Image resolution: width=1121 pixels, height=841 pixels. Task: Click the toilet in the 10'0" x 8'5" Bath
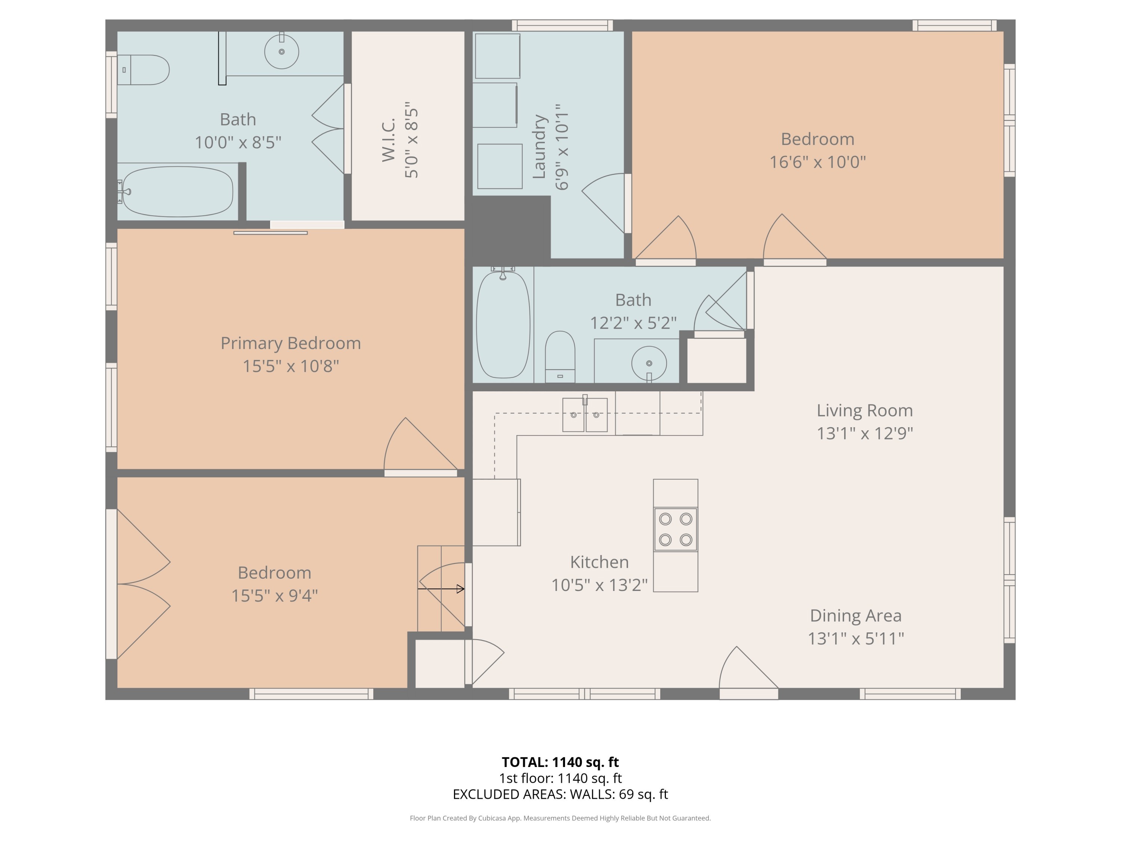tap(145, 70)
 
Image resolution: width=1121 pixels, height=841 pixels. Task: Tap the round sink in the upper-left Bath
tap(281, 51)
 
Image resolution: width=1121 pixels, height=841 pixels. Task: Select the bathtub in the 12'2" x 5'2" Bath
tap(503, 324)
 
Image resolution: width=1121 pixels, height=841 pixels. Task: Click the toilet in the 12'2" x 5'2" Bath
tap(560, 356)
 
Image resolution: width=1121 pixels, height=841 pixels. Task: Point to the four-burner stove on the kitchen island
tap(675, 529)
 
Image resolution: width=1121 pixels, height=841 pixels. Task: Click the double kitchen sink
tap(585, 415)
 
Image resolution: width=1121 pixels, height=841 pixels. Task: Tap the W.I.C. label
tap(388, 140)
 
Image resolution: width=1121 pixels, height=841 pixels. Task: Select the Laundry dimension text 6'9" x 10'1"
tap(562, 147)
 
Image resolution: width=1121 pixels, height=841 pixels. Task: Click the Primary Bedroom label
tap(290, 343)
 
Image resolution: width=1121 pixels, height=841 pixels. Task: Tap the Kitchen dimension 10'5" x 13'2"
tap(599, 585)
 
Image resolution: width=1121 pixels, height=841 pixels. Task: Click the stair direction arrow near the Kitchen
tap(441, 589)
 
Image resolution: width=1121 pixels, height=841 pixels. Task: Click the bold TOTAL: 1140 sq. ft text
tap(560, 762)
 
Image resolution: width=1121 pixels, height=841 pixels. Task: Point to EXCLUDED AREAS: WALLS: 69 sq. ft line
tap(560, 794)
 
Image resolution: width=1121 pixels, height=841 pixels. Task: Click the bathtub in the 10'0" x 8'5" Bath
tap(177, 192)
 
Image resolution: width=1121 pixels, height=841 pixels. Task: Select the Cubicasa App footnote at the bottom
tap(560, 818)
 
